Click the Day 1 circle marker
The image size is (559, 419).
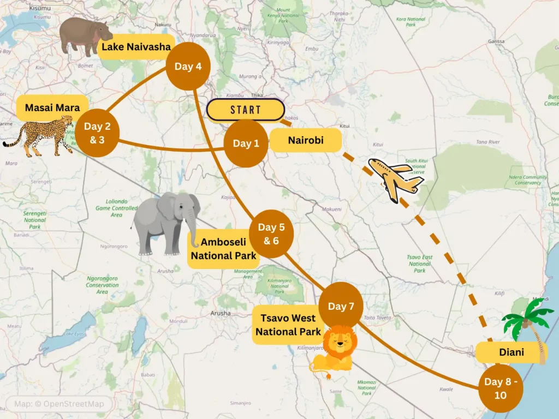pos(246,143)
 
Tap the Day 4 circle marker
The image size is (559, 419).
pos(188,67)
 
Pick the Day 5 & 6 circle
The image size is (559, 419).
pos(271,234)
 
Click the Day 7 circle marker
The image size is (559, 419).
pos(341,306)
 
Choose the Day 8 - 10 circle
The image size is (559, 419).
pos(501,388)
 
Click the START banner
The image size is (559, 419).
pos(246,110)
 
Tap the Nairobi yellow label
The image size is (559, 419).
pos(306,140)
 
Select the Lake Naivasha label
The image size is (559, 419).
pos(136,47)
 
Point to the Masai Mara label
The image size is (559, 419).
pos(52,108)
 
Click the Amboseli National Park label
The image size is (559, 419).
pos(223,249)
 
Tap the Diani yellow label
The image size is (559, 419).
pos(512,352)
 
